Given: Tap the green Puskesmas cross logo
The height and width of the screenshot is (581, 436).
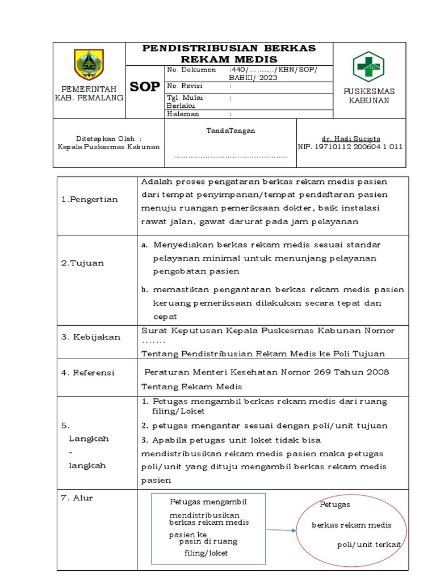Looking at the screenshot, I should pos(369,66).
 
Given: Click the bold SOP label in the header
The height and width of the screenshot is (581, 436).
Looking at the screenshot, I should pos(145,86).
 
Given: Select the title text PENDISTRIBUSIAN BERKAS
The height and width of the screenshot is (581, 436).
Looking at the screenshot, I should pos(229,48).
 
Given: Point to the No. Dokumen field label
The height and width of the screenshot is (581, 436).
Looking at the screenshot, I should pos(192,70).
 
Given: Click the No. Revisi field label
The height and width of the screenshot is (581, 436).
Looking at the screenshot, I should pos(185,86).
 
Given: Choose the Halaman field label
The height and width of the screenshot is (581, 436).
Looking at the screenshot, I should pos(183,113).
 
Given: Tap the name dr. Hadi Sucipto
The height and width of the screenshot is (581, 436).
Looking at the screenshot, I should pos(351,138).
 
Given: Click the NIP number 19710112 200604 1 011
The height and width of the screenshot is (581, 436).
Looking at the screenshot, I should pos(350,146).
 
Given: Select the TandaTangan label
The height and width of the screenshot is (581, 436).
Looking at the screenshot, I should pos(230,130).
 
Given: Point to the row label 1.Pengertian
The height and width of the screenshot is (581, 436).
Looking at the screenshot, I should pos(89,199).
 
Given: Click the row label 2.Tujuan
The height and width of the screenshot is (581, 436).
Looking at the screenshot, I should pos(82,263).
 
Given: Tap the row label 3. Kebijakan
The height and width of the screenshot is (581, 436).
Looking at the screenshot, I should pos(90,337).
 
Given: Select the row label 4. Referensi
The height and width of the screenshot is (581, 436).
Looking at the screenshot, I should pos(87,373).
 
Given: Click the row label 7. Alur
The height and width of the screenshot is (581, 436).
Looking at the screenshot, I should pos(77,498).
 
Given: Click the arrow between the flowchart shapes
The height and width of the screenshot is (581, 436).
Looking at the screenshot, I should pos(282,531).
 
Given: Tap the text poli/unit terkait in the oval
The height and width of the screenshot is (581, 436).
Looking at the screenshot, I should pos(369,544).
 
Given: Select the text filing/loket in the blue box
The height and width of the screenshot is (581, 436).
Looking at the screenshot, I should pos(206,553).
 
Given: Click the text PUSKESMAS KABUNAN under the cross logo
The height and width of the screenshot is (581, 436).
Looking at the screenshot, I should pos(369,96).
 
